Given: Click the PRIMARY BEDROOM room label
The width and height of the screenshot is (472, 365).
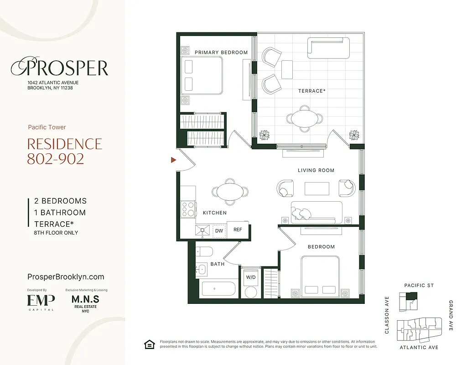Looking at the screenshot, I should [221, 52].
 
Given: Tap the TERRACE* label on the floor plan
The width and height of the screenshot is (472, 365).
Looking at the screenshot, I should [312, 91].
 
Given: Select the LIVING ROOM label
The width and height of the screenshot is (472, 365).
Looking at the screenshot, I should [316, 170].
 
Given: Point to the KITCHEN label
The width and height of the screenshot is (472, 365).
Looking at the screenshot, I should [214, 213].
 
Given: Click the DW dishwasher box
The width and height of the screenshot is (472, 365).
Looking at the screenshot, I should [219, 231].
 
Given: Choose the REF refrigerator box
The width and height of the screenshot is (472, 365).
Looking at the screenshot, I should [238, 230].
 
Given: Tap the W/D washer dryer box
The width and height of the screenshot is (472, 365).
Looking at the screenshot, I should [250, 277].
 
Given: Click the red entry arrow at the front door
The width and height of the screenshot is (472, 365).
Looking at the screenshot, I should [173, 160].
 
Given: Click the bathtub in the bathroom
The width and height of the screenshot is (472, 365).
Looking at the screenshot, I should [218, 289].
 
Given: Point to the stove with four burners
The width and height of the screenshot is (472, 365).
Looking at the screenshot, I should [188, 209].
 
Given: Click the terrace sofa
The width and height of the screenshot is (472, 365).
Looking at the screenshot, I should [328, 48].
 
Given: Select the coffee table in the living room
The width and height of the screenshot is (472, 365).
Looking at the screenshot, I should [317, 188].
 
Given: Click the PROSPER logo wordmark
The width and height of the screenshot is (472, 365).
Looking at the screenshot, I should [60, 68].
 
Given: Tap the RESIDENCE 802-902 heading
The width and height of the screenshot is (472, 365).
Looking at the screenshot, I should [64, 151].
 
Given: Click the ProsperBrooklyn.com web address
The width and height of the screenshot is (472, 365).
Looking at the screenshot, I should [66, 276].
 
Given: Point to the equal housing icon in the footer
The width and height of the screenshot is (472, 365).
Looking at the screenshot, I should [149, 344].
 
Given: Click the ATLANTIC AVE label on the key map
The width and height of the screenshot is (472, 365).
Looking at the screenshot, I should [419, 348].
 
